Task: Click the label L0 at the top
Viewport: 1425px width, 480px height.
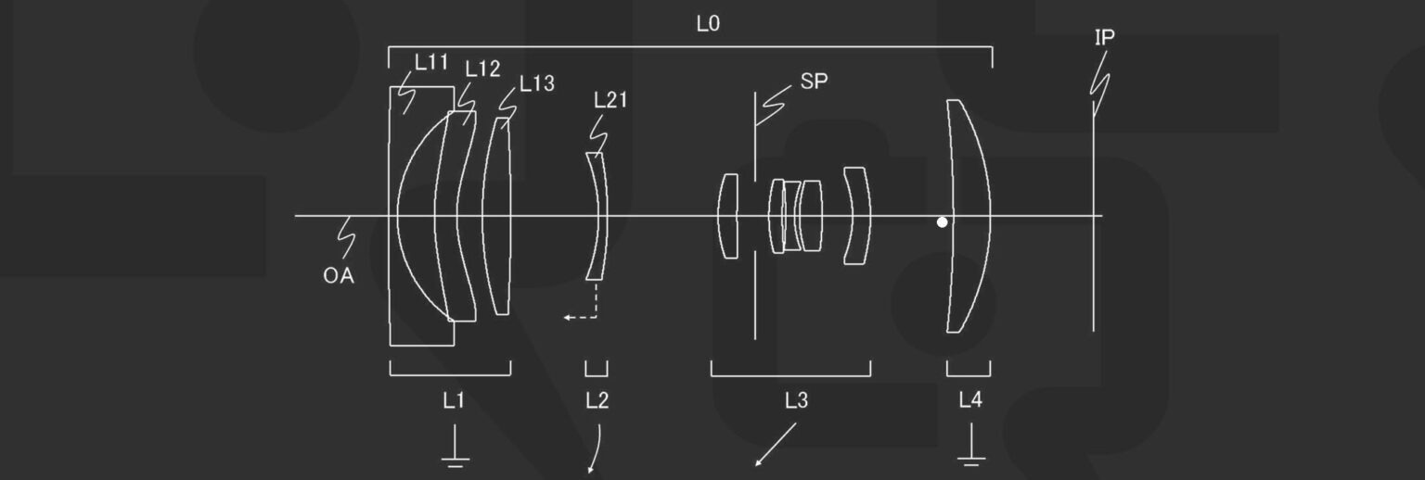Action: [x=708, y=24]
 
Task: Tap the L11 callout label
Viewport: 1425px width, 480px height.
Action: [x=431, y=62]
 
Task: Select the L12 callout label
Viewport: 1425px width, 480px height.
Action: [x=482, y=69]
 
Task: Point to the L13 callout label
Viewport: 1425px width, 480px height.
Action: [x=537, y=83]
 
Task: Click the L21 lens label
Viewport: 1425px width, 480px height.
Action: [x=610, y=100]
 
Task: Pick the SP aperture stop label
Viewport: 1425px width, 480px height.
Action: [x=814, y=82]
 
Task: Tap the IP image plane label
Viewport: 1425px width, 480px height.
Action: [x=1104, y=38]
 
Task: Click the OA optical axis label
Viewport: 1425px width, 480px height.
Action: [x=339, y=276]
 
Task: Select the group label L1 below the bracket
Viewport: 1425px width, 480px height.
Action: [x=454, y=400]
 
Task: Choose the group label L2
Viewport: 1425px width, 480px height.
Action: [x=597, y=400]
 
